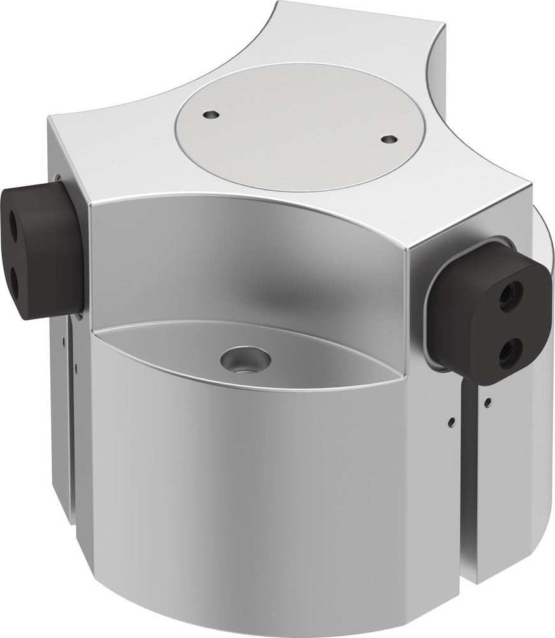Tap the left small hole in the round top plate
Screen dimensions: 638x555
(211, 114)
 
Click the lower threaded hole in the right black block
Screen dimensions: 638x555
(510, 348)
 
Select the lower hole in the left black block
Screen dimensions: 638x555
(13, 276)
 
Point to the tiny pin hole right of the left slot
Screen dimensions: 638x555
(77, 366)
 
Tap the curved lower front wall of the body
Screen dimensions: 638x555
(255, 498)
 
